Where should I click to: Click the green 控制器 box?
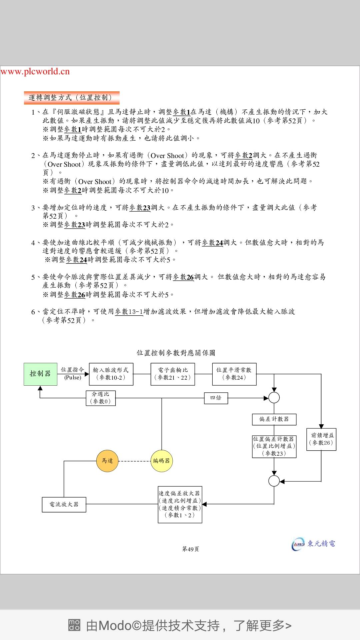click(40, 374)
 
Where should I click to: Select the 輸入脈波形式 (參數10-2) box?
click(111, 374)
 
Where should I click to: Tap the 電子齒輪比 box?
click(173, 374)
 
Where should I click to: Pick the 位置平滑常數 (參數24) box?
click(234, 374)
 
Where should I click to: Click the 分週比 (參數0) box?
click(101, 398)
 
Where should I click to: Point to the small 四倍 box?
click(216, 398)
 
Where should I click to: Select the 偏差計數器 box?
click(274, 419)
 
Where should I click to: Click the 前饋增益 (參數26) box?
click(321, 439)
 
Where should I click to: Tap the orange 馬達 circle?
click(107, 461)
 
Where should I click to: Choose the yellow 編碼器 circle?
click(162, 461)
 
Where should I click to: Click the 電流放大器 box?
click(64, 504)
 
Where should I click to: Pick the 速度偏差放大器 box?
click(180, 504)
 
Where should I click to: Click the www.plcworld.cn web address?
click(35, 71)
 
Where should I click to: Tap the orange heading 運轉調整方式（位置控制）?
click(71, 98)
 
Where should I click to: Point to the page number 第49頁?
click(191, 549)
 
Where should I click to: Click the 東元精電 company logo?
click(313, 544)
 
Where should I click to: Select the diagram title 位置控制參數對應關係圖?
click(176, 353)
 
